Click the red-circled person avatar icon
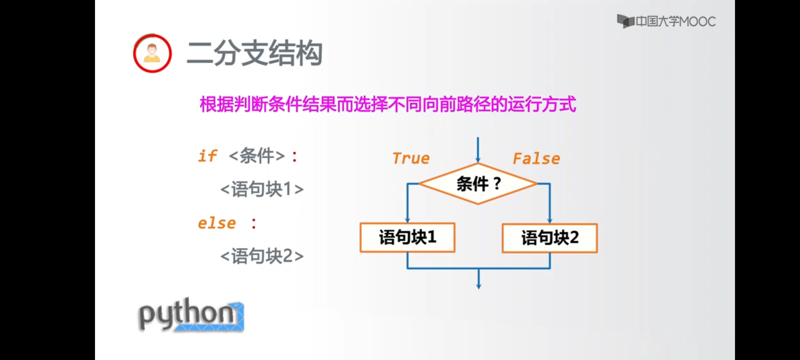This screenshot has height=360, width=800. point(152,53)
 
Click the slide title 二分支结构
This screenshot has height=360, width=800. point(255,53)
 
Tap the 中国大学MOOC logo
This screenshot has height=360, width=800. point(666,22)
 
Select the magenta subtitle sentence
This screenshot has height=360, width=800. point(388,104)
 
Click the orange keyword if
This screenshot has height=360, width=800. point(207,156)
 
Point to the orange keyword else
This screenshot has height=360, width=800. point(217,223)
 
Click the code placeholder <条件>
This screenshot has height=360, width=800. point(257,156)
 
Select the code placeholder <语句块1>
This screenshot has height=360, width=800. point(262,189)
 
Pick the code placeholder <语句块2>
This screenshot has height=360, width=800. point(262,256)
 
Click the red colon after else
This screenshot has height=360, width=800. point(254,223)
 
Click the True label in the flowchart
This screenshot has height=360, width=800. point(411,158)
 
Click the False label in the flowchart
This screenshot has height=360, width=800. point(536,159)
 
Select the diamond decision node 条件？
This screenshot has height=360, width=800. point(478,184)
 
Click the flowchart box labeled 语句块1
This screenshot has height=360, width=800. point(407,237)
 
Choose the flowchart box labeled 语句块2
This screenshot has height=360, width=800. point(550,238)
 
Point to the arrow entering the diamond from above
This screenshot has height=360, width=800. point(478,150)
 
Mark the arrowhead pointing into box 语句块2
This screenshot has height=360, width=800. point(550,220)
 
